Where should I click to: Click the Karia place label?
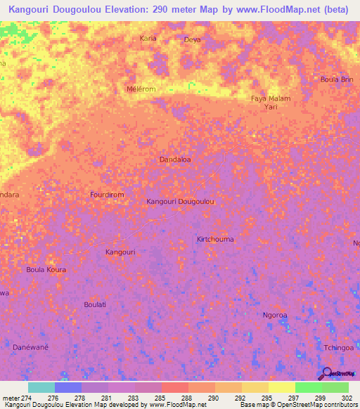[x=148, y=38]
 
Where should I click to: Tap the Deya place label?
[x=192, y=40]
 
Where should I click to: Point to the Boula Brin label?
[x=336, y=79]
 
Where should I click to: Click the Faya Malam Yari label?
[x=271, y=103]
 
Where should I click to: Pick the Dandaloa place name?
[x=176, y=160]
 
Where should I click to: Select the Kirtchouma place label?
[x=215, y=239]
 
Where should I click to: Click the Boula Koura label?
[x=46, y=269]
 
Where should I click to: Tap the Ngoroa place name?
[x=275, y=315]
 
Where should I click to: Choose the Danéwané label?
[x=32, y=347]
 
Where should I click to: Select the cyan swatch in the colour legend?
[x=41, y=387]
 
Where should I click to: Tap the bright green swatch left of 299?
[x=308, y=387]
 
